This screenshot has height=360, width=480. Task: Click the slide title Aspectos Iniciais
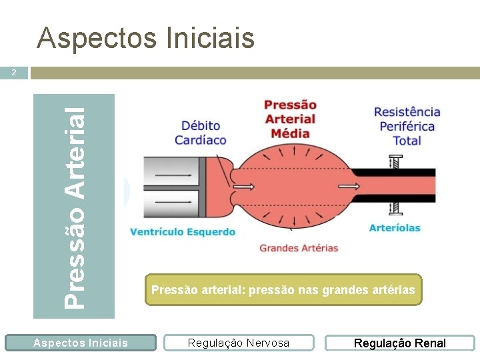click(x=146, y=38)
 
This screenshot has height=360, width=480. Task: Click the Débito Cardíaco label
click(x=201, y=133)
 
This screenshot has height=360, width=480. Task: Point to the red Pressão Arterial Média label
click(x=290, y=119)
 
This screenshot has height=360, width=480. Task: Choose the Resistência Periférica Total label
click(x=407, y=126)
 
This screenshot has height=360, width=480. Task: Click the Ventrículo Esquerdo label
click(x=183, y=232)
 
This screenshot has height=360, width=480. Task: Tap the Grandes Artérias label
click(x=299, y=248)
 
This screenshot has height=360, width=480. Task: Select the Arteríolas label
click(x=395, y=228)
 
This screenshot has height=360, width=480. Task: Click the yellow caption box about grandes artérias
click(x=283, y=290)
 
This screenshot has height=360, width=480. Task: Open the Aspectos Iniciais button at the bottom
click(x=80, y=343)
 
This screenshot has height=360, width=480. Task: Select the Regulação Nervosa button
click(x=239, y=343)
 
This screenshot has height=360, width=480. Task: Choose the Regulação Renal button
click(x=399, y=343)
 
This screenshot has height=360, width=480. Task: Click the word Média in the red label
click(x=290, y=133)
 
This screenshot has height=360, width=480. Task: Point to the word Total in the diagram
click(x=407, y=141)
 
